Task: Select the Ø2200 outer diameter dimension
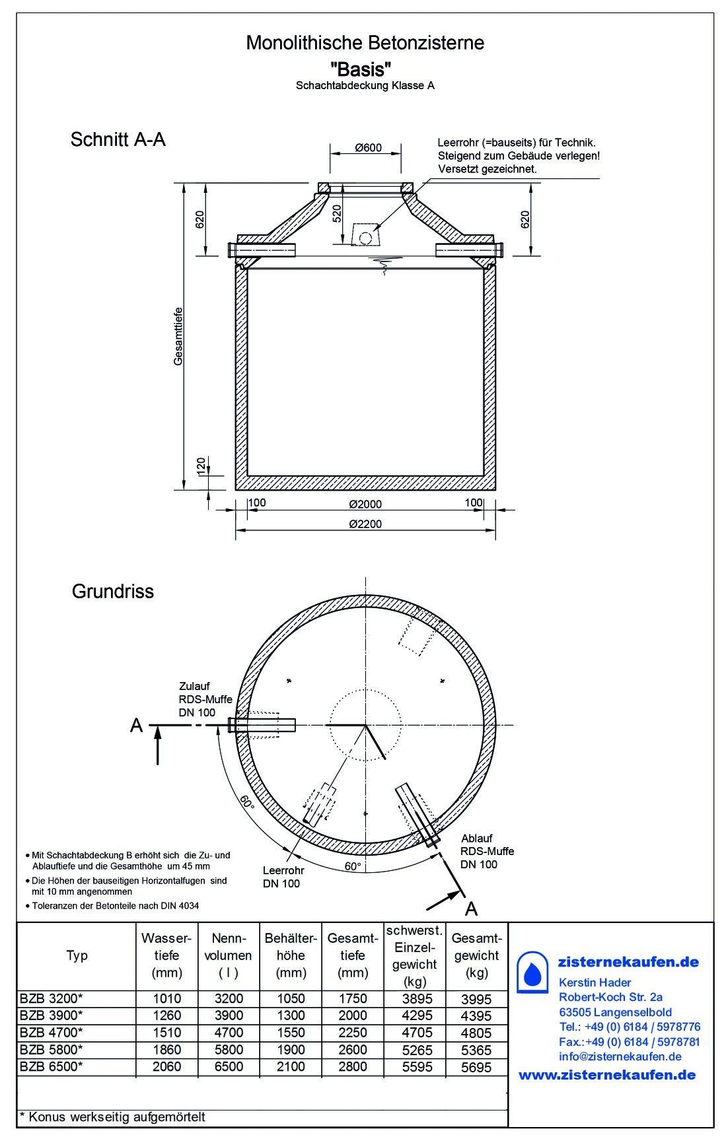coord(365,524)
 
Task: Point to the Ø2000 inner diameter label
coord(365,504)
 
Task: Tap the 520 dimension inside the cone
coord(337,213)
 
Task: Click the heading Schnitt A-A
coord(118,140)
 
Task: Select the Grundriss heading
coord(113,591)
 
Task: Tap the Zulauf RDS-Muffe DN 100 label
coord(205,699)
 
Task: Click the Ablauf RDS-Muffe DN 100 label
coord(488,852)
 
